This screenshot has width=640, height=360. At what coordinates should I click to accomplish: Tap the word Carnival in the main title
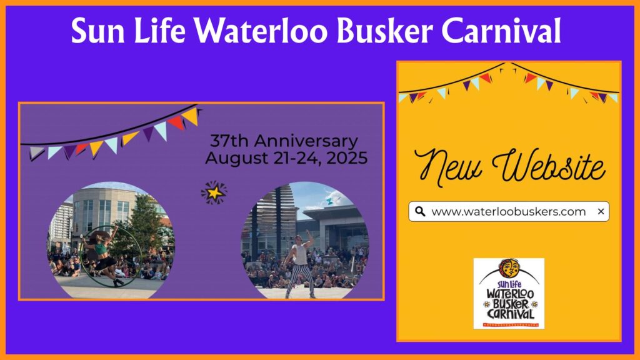[x=502, y=31]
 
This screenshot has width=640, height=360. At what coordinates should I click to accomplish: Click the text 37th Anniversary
[x=284, y=141]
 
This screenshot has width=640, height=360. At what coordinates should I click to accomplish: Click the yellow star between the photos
[x=214, y=192]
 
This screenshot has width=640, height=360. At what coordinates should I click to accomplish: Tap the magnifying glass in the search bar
[x=420, y=211]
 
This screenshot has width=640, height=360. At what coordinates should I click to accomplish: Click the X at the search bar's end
[x=601, y=211]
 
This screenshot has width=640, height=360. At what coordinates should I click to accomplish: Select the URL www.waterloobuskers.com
[x=509, y=212]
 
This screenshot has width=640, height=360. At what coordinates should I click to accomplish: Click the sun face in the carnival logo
[x=509, y=269]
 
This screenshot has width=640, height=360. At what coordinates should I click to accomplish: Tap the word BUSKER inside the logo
[x=511, y=304]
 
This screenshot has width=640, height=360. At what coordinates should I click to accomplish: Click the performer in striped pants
[x=301, y=266]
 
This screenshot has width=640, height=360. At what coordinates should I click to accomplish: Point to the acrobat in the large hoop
[x=101, y=256]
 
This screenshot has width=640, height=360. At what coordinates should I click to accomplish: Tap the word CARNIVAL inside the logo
[x=510, y=314]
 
